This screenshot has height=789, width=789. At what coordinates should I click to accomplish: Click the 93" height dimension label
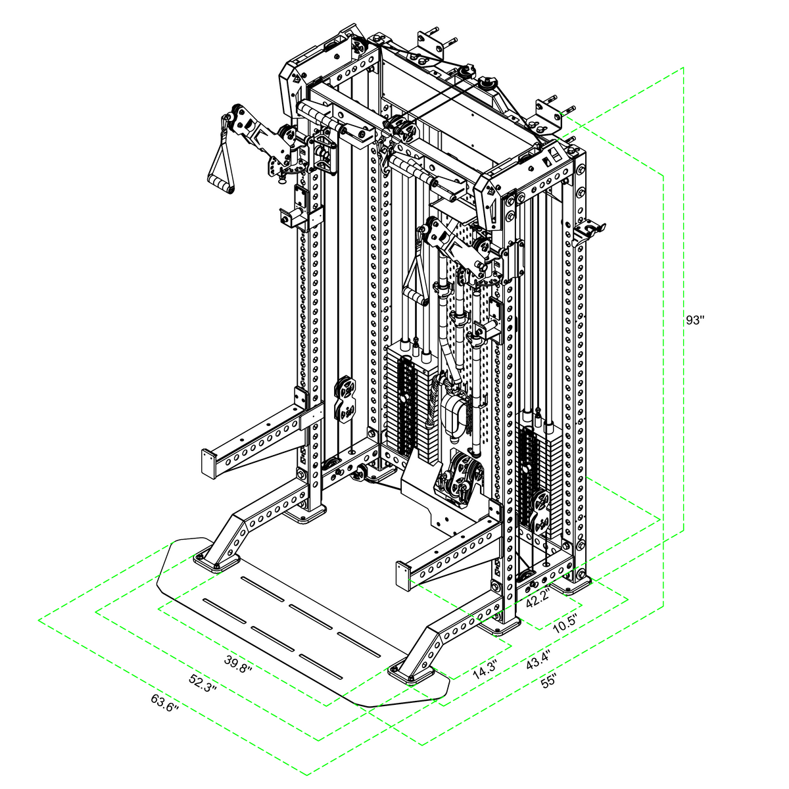click(694, 320)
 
